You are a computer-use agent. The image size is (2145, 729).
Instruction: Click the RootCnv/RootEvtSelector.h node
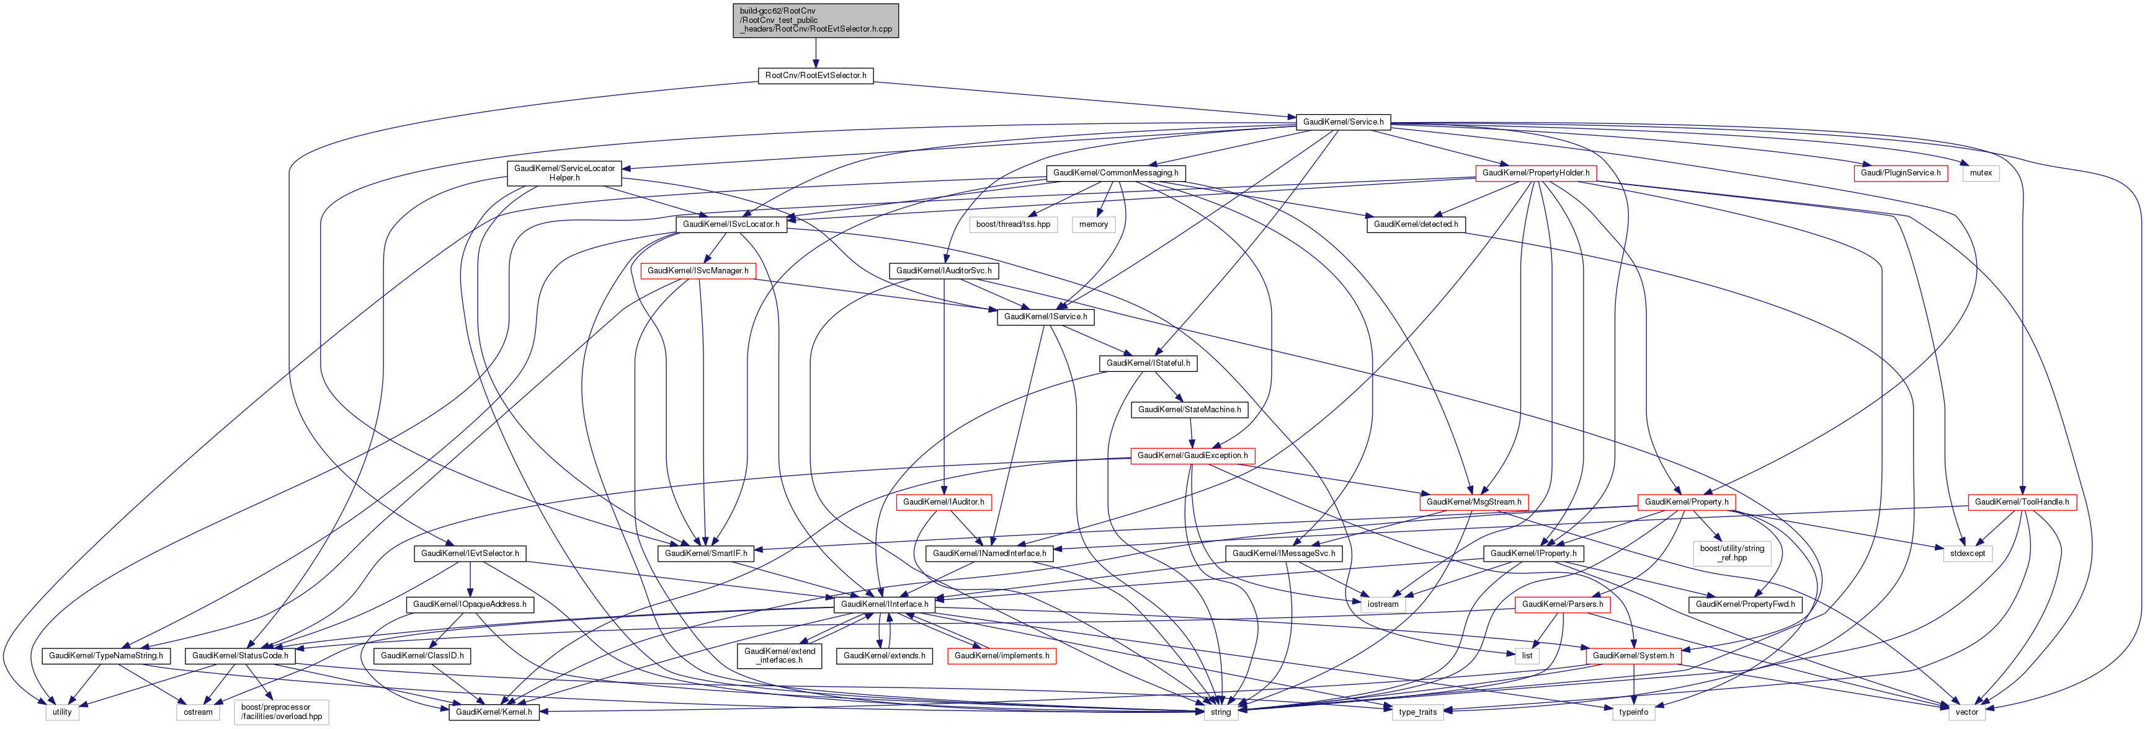pos(815,76)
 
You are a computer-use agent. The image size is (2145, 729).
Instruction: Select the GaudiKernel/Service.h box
pos(1342,122)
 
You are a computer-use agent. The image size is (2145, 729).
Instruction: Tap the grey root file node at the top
pos(815,20)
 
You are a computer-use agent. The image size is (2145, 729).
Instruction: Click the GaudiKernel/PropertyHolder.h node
pos(1535,173)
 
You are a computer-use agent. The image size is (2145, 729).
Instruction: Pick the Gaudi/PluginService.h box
pos(1900,173)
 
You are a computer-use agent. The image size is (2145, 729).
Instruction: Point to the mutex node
pos(1981,173)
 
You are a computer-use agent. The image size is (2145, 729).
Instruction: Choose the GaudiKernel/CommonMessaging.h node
pos(1115,173)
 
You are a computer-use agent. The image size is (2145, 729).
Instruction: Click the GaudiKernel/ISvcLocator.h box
pos(730,224)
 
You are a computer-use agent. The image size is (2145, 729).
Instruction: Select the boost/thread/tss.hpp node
pos(1012,224)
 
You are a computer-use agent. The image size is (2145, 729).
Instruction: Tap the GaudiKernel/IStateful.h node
pos(1148,364)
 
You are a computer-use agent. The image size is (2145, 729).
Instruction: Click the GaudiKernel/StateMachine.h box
pos(1189,409)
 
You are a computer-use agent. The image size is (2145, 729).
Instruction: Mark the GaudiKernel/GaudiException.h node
pos(1192,456)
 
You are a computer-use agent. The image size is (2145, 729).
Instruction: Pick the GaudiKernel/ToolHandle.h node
pos(2021,503)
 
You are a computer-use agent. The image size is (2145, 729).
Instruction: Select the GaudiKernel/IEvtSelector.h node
pos(470,554)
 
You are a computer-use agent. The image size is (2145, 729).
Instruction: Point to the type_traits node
pos(1417,712)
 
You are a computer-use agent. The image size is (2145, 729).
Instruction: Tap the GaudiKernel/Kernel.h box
pos(493,712)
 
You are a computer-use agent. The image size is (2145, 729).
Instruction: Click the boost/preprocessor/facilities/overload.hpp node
pos(282,712)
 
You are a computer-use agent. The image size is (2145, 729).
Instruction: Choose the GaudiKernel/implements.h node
pos(1001,656)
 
